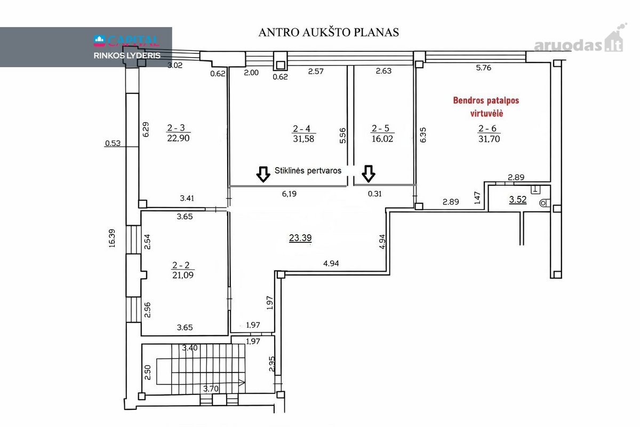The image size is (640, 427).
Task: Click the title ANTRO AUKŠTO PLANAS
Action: click(x=329, y=32)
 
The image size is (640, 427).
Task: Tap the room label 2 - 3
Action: click(x=176, y=128)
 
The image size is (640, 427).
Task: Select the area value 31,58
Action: click(x=303, y=139)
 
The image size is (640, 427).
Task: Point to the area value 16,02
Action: click(x=382, y=139)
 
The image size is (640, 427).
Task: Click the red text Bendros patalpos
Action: click(x=486, y=100)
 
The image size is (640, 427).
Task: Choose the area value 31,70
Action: click(x=489, y=139)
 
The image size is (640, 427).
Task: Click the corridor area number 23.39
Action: click(x=300, y=238)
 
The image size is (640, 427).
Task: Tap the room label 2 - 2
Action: click(x=181, y=265)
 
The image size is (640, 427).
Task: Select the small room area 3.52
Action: click(x=518, y=199)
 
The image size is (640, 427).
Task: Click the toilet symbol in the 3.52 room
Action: click(x=545, y=203)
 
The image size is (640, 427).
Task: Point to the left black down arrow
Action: click(x=263, y=174)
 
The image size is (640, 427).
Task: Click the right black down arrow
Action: click(x=369, y=173)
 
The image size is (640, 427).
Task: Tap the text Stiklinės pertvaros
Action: click(x=308, y=171)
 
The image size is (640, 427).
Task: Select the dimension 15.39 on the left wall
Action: click(x=112, y=238)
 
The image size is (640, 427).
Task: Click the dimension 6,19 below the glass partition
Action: click(x=289, y=194)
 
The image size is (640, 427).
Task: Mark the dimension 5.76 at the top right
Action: click(x=483, y=68)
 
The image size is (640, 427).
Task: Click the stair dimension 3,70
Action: click(x=211, y=389)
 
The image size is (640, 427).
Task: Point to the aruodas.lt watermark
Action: click(x=580, y=42)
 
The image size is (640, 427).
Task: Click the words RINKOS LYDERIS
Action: click(x=127, y=56)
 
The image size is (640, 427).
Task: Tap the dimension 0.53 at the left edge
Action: click(x=113, y=143)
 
